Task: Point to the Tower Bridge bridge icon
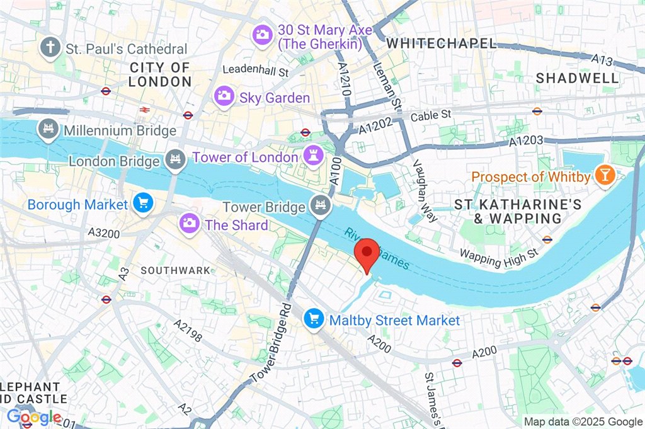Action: (x=320, y=205)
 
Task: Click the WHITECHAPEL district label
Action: (x=441, y=43)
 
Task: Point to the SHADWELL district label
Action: (x=578, y=78)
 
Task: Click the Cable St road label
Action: (x=431, y=116)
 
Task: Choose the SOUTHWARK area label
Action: (x=176, y=270)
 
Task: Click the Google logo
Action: (x=33, y=417)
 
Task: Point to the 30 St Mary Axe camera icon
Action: (x=263, y=35)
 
